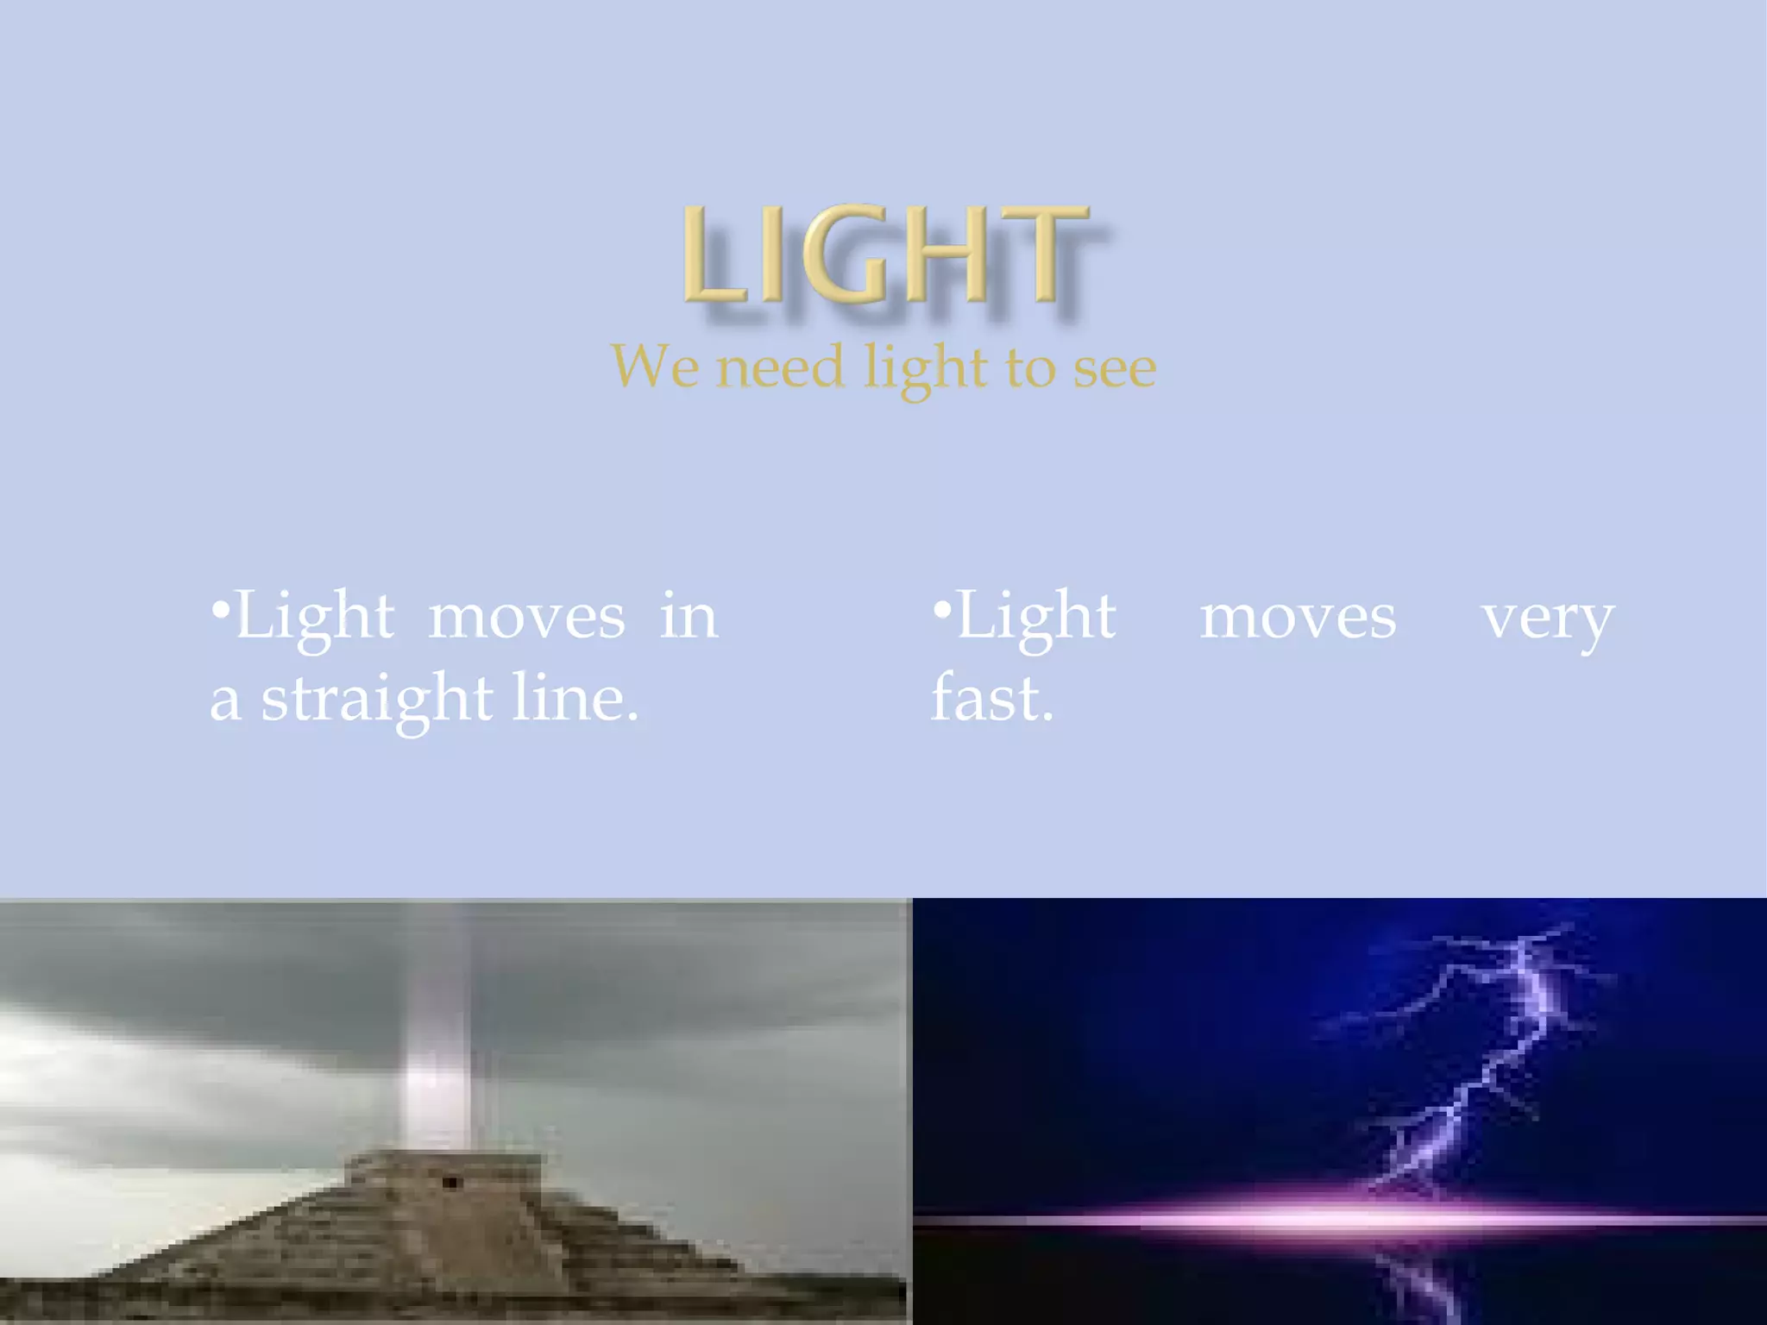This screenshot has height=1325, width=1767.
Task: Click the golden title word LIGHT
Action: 883,255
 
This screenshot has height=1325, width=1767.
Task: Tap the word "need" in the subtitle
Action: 779,367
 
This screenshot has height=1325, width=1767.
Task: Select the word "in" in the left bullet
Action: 688,618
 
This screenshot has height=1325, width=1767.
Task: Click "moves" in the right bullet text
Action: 1298,618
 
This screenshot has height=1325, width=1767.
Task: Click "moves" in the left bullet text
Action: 526,618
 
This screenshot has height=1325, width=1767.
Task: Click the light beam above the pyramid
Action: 437,1035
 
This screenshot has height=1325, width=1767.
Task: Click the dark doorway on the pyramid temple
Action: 450,1182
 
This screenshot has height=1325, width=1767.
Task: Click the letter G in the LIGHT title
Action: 846,255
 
